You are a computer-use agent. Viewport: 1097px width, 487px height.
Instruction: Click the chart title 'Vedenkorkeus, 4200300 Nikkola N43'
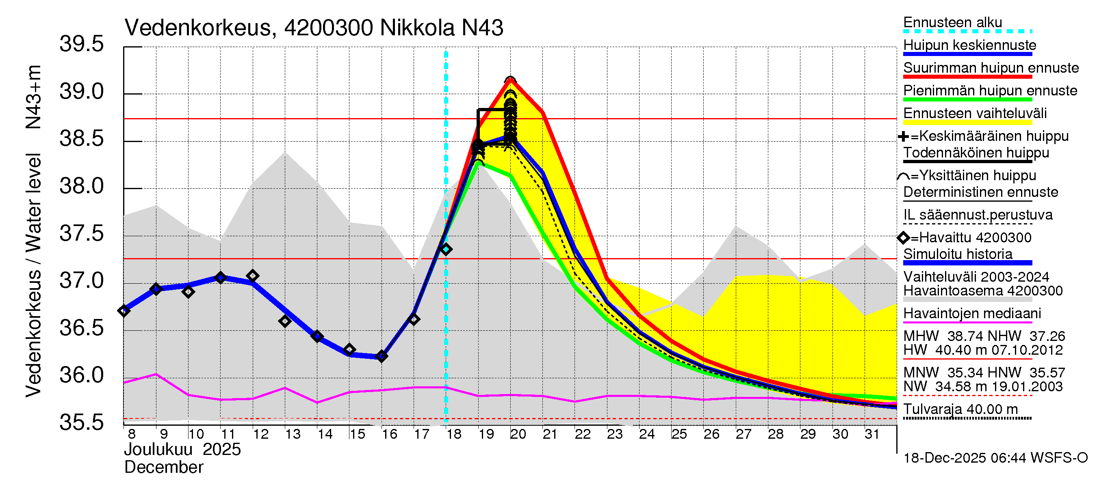coord(313,28)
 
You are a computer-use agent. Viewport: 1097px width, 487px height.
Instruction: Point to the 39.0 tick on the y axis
coord(81,92)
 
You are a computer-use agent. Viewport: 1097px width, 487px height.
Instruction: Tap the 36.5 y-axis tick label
coord(81,328)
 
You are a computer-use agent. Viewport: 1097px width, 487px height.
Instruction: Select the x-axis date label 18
coord(453,434)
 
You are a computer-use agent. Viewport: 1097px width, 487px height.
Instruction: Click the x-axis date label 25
coord(679,434)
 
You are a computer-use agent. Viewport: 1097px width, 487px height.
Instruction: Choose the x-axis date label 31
coord(872,434)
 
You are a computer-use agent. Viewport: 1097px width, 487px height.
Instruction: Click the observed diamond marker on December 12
coord(253,276)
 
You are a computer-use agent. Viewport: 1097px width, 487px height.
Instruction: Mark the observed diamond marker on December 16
coord(382,356)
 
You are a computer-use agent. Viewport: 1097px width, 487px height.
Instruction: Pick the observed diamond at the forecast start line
coord(446,249)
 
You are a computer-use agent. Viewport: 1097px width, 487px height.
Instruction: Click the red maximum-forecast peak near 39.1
coord(510,80)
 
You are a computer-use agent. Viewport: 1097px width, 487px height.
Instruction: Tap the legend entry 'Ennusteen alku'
coord(953,23)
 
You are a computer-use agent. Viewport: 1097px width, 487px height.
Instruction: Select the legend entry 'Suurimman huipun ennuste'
coord(991,68)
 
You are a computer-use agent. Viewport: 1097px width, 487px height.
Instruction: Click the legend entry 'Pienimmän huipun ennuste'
coord(990,91)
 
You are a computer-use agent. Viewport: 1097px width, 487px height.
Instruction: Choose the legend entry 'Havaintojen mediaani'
coord(972,314)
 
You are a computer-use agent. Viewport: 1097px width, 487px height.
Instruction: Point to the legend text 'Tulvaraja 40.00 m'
coord(960,409)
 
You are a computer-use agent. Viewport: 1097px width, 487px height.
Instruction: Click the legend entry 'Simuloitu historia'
coord(958,254)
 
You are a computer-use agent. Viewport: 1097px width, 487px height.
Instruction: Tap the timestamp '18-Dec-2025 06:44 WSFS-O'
coord(995,458)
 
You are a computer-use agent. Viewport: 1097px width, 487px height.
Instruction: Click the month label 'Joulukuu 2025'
coord(182,450)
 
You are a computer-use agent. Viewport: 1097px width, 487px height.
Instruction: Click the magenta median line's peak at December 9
coord(156,374)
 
